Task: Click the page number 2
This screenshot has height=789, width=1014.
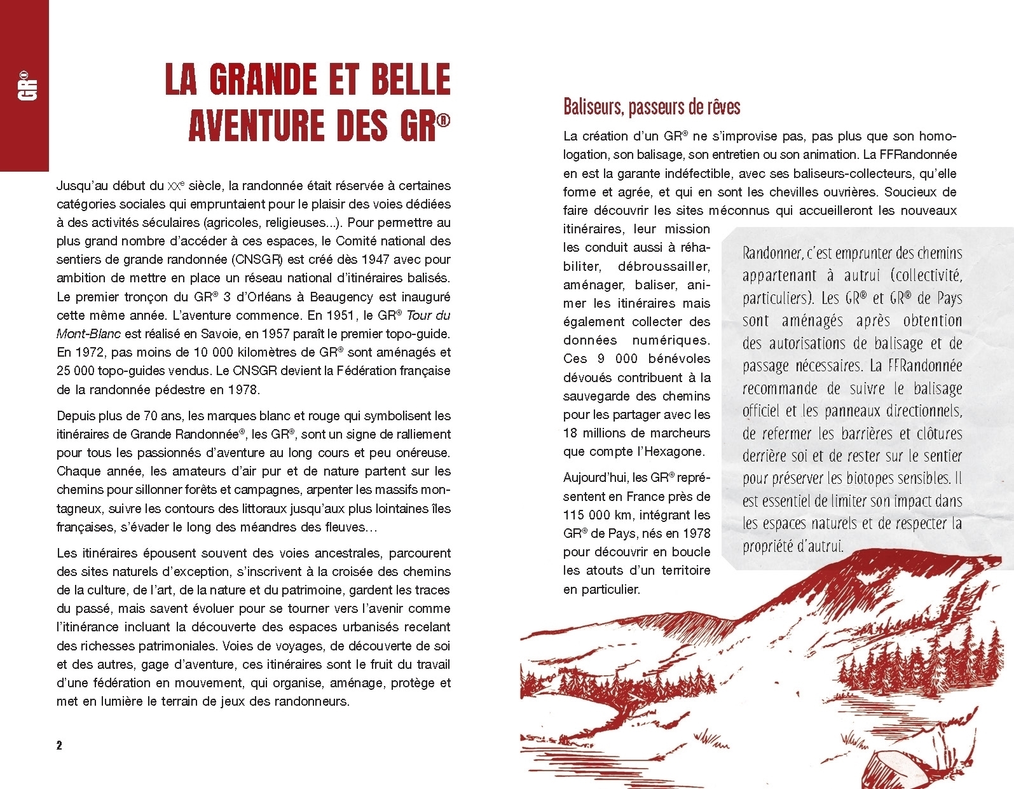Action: pos(60,745)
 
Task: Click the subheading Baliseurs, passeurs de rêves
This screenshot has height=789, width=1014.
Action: pos(652,107)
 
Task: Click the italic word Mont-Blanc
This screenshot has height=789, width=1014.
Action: pos(86,333)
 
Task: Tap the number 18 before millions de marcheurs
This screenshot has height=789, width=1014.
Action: pos(572,433)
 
